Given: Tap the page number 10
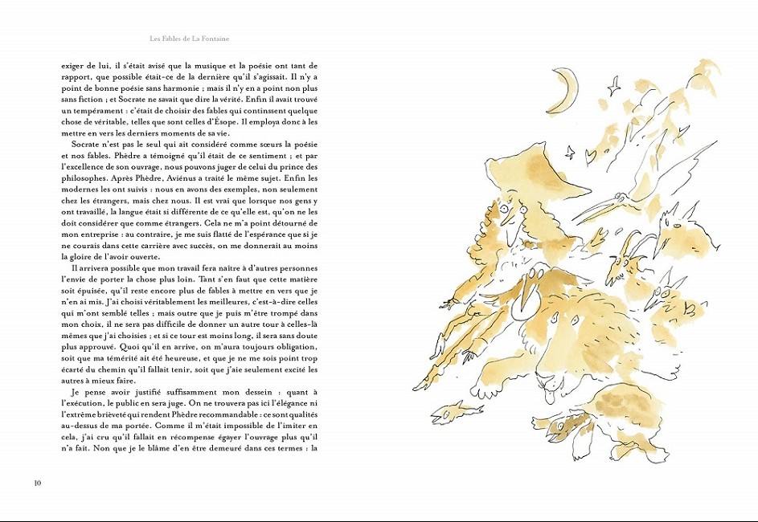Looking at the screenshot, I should [x=37, y=483].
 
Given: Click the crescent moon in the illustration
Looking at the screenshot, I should [x=567, y=89].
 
